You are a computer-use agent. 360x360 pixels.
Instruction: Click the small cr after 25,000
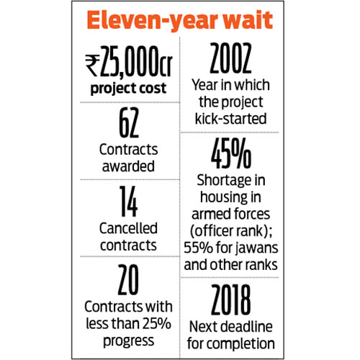166,66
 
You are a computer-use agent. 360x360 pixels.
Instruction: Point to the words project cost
128,89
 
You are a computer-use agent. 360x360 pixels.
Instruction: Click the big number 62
129,122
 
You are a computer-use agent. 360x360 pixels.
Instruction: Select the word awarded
128,166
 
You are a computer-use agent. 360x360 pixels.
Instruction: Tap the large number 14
129,202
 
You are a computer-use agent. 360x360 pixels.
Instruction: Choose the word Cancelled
128,228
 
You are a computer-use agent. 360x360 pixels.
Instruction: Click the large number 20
128,279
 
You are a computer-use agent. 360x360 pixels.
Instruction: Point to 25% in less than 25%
157,323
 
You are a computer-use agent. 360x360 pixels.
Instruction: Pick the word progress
128,341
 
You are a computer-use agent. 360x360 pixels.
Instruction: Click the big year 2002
230,58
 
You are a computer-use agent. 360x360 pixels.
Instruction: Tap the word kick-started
230,119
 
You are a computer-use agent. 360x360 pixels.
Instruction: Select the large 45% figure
231,153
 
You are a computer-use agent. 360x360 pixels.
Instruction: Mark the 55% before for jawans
198,248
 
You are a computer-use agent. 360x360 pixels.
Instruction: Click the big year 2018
231,300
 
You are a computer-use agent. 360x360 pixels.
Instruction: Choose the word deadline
247,326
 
